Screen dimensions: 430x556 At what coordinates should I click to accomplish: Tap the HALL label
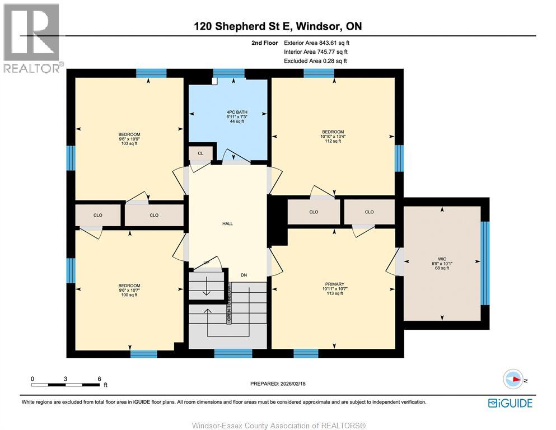(227, 223)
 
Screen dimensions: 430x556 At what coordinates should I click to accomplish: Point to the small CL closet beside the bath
(200, 153)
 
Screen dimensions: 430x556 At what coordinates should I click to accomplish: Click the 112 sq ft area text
(333, 141)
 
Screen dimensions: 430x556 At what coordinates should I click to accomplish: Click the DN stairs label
(244, 275)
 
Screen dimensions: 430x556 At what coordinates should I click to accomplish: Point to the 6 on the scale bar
(99, 378)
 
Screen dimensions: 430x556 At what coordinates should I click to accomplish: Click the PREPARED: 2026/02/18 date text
(278, 384)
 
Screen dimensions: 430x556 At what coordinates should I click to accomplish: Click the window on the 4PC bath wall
(228, 73)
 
